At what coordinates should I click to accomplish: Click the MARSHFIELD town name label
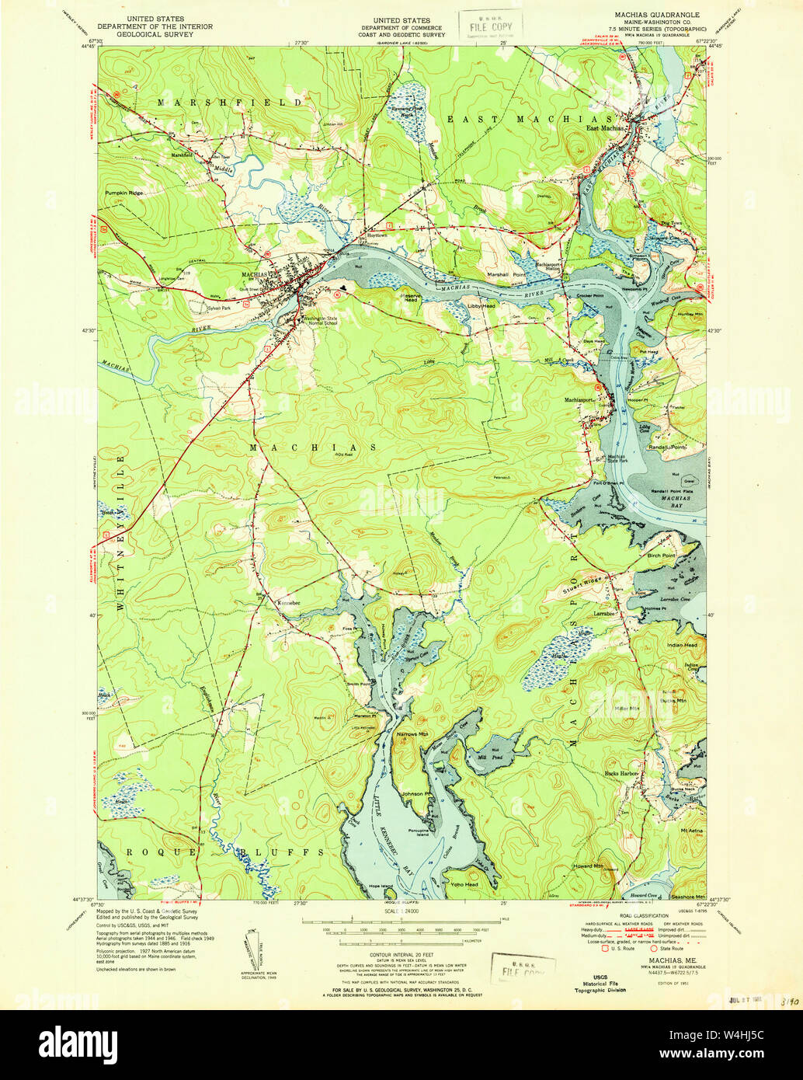230,102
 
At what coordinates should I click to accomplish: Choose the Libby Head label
481,306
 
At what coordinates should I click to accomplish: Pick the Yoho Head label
464,884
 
